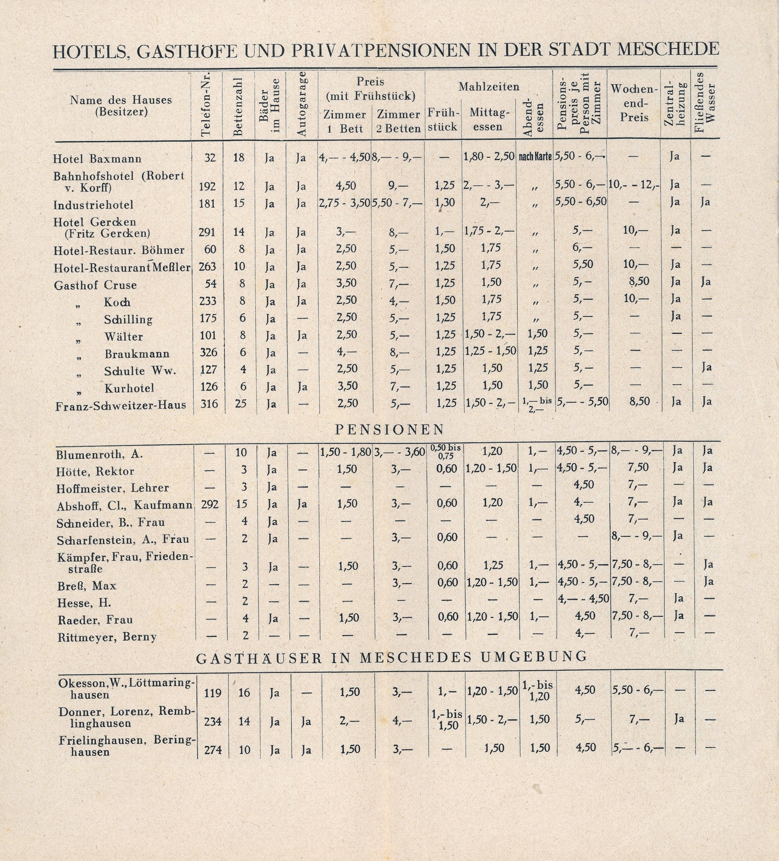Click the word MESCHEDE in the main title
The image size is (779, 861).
(x=668, y=50)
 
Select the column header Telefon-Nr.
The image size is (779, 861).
(x=206, y=105)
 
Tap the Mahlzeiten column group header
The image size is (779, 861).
(x=489, y=87)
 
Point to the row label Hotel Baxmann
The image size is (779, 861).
(x=97, y=159)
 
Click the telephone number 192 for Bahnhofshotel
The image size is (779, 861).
(x=207, y=186)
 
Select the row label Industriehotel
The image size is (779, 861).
(x=93, y=205)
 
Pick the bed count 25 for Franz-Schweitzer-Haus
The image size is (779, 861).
(x=240, y=403)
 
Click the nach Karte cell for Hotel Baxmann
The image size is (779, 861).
(x=535, y=157)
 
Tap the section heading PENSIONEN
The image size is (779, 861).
(x=390, y=430)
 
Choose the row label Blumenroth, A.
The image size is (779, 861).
(x=99, y=454)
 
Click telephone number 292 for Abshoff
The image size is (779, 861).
(x=210, y=504)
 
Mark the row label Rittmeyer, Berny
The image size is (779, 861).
(x=107, y=637)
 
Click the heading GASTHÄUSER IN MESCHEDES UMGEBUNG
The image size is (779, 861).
(x=392, y=657)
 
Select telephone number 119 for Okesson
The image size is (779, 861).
(x=213, y=692)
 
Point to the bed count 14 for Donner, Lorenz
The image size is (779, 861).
(x=244, y=721)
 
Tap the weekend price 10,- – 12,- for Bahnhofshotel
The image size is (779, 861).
(x=634, y=185)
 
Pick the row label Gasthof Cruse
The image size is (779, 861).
(x=95, y=285)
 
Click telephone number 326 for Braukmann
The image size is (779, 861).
(x=208, y=352)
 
